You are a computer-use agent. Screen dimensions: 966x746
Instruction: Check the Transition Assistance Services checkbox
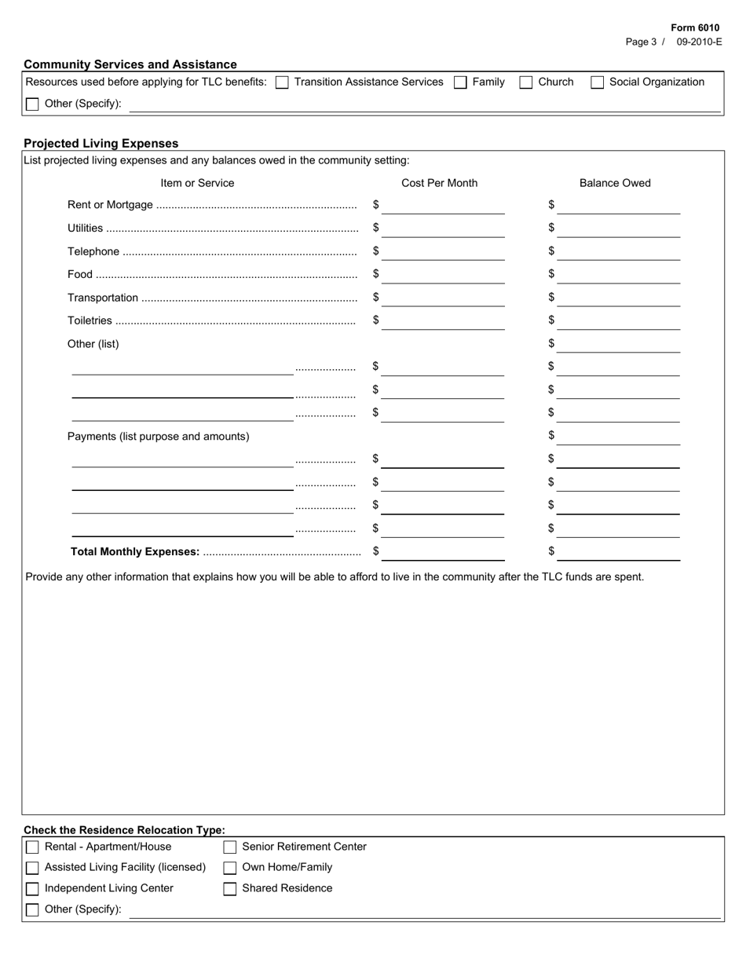pos(282,82)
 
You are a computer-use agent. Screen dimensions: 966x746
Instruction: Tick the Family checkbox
pos(461,82)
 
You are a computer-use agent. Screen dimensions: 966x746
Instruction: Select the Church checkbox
pos(526,82)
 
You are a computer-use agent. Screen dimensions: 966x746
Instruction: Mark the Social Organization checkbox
pos(598,82)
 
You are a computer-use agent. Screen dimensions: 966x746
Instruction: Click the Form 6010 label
pos(695,27)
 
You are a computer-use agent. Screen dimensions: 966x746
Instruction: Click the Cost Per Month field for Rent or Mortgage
pos(443,206)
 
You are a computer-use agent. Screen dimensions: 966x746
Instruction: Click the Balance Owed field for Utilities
pos(619,229)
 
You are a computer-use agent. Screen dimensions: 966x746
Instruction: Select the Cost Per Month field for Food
pos(443,275)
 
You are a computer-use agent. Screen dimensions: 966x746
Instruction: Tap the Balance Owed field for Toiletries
pos(619,321)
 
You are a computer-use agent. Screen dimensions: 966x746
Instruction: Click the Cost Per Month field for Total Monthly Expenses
pos(443,552)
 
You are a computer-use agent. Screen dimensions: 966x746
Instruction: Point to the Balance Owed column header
pos(615,183)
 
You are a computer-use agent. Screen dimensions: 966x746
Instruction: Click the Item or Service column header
pos(197,183)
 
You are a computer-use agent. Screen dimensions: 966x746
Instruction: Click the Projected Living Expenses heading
pos(101,144)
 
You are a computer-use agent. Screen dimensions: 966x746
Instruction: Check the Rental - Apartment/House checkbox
pos(32,847)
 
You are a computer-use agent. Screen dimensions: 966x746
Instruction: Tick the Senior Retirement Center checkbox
pos(230,847)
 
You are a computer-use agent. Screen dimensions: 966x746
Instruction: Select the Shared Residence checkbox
pos(230,889)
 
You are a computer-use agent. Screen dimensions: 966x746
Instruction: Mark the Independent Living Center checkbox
pos(32,889)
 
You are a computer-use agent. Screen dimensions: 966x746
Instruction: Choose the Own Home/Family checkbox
pos(230,868)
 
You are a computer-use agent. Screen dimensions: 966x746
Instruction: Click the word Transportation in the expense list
pos(103,298)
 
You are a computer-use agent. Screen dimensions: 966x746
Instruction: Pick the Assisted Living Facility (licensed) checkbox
pos(32,868)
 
